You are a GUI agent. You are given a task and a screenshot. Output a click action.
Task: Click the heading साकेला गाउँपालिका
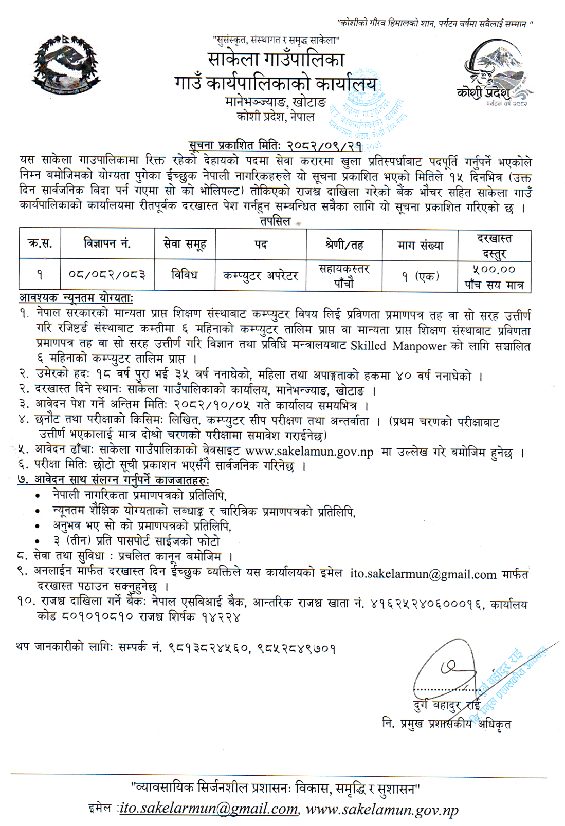click(x=276, y=60)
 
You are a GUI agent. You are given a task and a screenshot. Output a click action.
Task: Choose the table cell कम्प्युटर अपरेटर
click(x=261, y=275)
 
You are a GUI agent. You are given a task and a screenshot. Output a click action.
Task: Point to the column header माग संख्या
click(x=420, y=245)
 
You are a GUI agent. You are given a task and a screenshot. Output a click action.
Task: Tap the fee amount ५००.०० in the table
click(x=494, y=269)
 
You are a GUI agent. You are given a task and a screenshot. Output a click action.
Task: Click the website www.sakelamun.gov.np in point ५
click(x=309, y=452)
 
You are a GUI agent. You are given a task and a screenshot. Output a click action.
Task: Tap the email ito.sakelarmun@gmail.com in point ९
click(x=423, y=574)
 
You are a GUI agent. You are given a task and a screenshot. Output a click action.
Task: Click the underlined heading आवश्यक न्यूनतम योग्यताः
click(x=76, y=298)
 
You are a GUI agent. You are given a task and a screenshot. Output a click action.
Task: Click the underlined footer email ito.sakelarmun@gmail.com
click(x=209, y=809)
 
